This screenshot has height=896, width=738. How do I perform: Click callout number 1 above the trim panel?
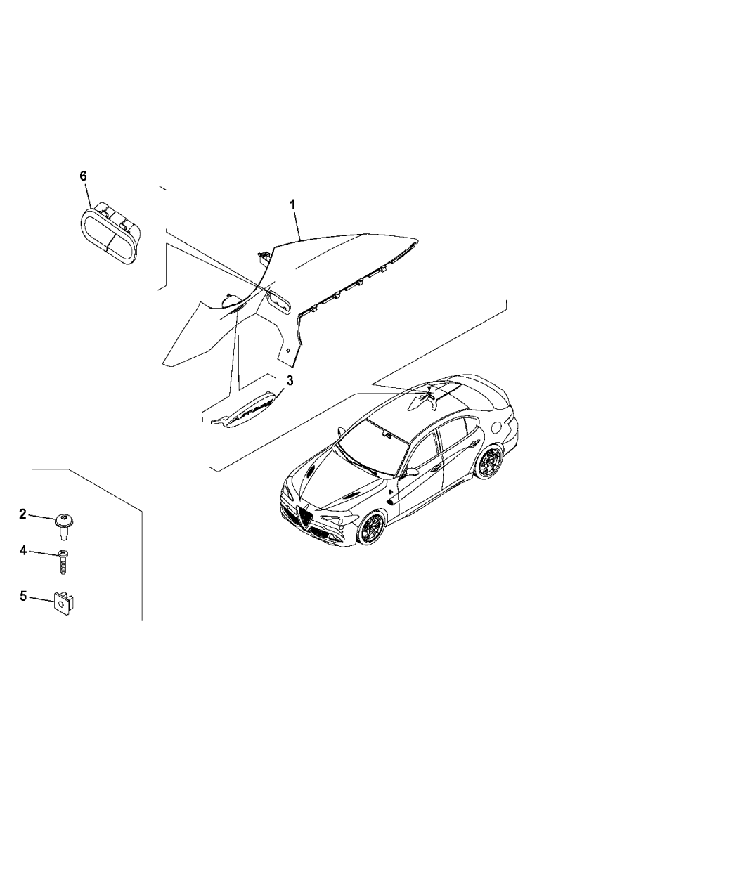292,205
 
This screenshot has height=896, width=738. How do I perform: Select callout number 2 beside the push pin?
23,514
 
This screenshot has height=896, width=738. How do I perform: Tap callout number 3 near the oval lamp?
290,381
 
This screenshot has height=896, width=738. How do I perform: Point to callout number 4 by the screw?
23,550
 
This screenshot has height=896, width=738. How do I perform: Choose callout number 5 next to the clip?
23,596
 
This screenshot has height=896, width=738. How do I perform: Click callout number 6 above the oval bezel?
83,176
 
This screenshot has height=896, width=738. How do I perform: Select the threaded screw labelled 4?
63,563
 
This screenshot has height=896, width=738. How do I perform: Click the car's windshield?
373,446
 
